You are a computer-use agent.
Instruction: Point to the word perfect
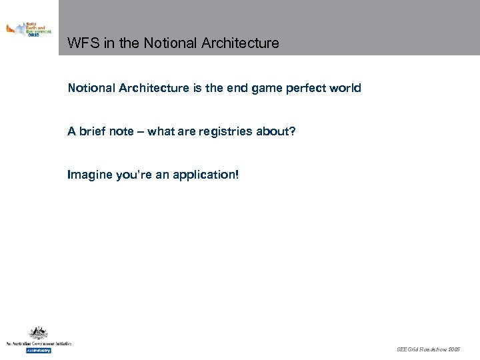pyautogui.click(x=307, y=88)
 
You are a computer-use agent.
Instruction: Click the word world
pyautogui.click(x=346, y=88)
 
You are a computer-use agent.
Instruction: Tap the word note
pyautogui.click(x=122, y=131)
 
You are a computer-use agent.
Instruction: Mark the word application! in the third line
pyautogui.click(x=205, y=175)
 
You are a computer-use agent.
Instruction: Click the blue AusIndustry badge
pyautogui.click(x=38, y=350)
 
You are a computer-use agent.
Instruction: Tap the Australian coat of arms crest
pyautogui.click(x=37, y=333)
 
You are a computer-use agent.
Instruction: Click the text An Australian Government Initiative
pyautogui.click(x=38, y=344)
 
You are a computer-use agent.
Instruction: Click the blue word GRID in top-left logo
pyautogui.click(x=34, y=35)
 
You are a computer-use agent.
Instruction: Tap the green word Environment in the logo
pyautogui.click(x=39, y=31)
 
